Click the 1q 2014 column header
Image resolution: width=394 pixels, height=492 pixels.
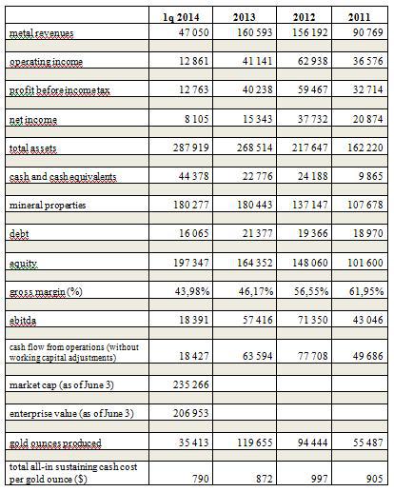click(x=181, y=17)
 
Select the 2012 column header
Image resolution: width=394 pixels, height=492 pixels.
click(x=304, y=17)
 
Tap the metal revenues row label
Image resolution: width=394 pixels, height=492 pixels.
click(x=41, y=32)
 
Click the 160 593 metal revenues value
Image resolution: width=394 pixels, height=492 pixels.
click(x=255, y=32)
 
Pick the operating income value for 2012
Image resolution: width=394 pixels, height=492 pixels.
click(x=312, y=61)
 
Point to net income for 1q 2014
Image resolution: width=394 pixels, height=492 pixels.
click(x=197, y=119)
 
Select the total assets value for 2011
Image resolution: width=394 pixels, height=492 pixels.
click(x=365, y=148)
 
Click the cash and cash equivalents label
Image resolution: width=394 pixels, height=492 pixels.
click(x=63, y=176)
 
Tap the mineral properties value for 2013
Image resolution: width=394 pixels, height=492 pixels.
click(x=255, y=205)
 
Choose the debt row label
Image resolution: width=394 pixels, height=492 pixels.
click(x=19, y=234)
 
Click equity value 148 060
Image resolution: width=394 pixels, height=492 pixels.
click(x=309, y=263)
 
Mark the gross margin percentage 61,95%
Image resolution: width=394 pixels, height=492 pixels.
click(x=366, y=291)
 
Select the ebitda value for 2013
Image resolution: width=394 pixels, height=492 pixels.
click(x=258, y=320)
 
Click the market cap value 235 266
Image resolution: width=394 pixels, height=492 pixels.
click(x=191, y=384)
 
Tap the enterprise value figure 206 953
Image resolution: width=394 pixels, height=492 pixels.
click(x=191, y=413)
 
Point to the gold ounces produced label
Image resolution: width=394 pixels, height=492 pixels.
click(x=55, y=443)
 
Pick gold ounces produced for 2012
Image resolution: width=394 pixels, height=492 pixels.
click(x=312, y=443)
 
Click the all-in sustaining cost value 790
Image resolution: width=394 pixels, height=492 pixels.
click(x=201, y=479)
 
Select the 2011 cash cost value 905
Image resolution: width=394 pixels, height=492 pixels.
click(x=374, y=479)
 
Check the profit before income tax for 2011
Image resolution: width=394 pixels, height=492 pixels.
click(x=368, y=89)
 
